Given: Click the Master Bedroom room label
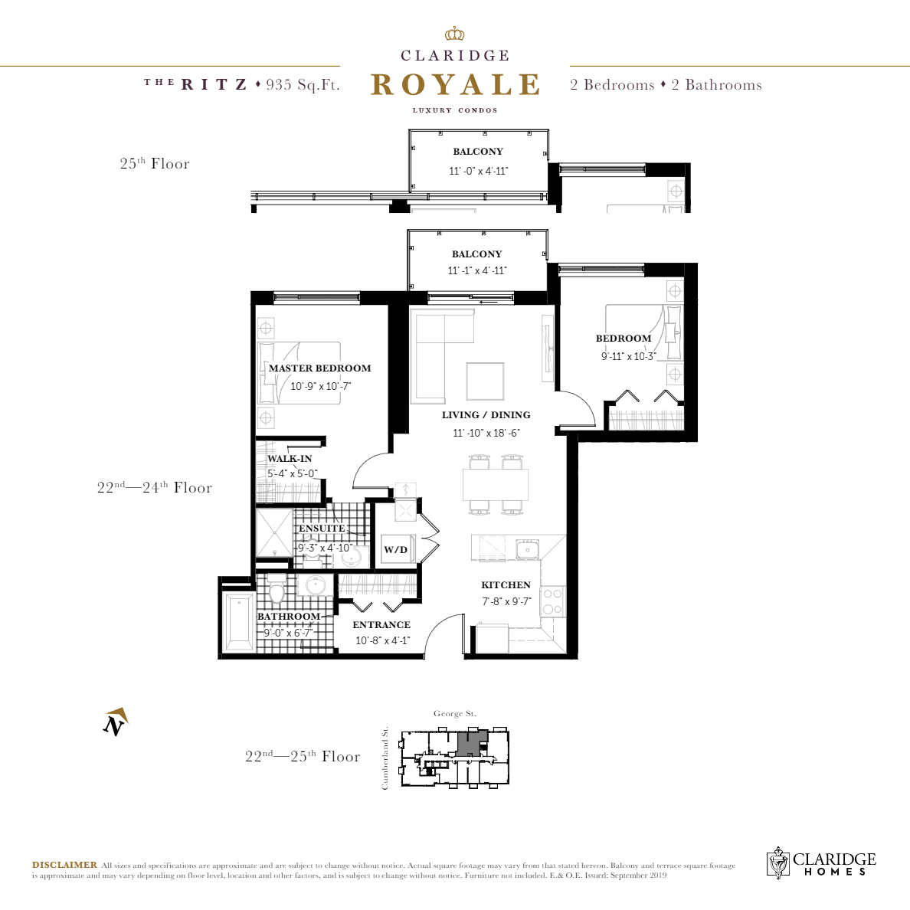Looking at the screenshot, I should pyautogui.click(x=319, y=368).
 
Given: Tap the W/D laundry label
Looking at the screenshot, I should pyautogui.click(x=395, y=550).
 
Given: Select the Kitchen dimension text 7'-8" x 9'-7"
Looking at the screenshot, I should pyautogui.click(x=506, y=601).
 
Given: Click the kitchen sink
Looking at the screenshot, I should pyautogui.click(x=527, y=548).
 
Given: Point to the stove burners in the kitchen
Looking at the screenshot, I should pyautogui.click(x=552, y=601).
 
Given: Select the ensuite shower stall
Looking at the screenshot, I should pyautogui.click(x=274, y=532).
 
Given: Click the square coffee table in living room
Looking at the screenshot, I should pyautogui.click(x=485, y=381).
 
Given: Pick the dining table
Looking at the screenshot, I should pyautogui.click(x=496, y=485).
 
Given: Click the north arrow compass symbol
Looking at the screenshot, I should pyautogui.click(x=116, y=722).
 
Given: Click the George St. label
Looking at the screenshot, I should pyautogui.click(x=455, y=714).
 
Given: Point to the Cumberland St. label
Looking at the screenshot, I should pyautogui.click(x=385, y=758).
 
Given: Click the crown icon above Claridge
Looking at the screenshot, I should pyautogui.click(x=455, y=34).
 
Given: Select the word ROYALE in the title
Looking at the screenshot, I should pyautogui.click(x=455, y=85).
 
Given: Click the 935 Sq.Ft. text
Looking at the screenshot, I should pyautogui.click(x=303, y=85).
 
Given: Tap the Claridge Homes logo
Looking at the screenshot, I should pyautogui.click(x=821, y=863).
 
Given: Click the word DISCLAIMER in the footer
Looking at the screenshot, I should pyautogui.click(x=64, y=865).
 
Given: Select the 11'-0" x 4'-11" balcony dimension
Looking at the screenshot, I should pyautogui.click(x=478, y=171).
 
